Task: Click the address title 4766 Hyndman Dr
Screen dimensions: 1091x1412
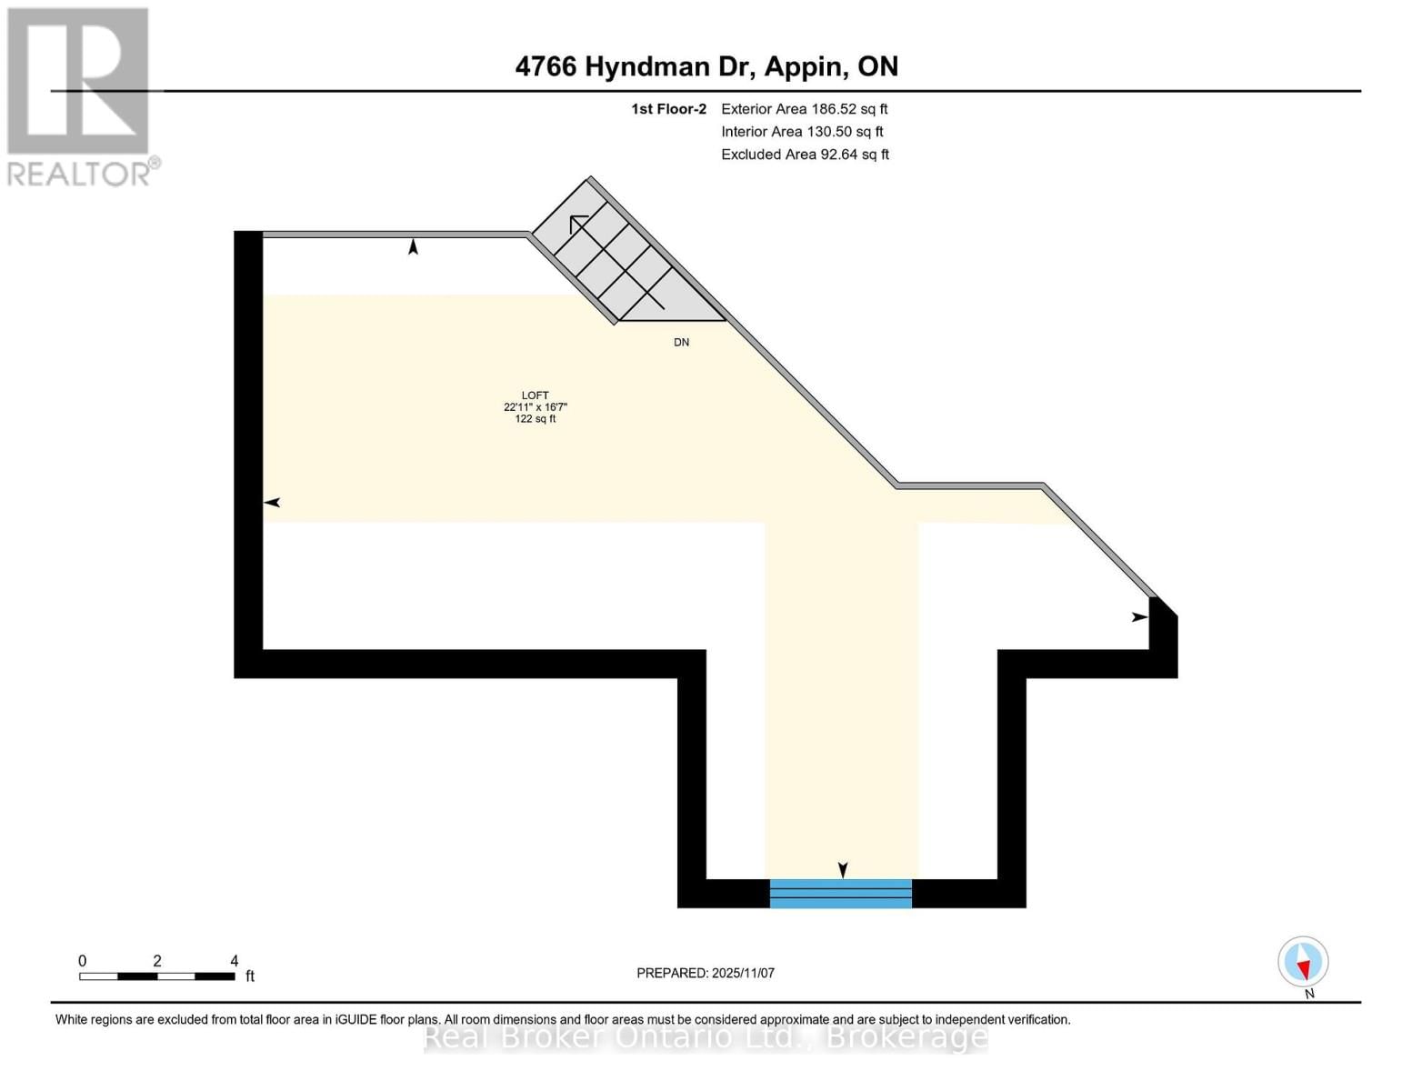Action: (706, 66)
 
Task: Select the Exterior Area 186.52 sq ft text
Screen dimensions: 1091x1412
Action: (804, 109)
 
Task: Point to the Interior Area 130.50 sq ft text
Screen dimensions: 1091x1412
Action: (802, 132)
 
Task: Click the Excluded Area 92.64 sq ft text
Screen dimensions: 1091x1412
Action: (805, 155)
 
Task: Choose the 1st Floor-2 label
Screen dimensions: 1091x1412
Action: (668, 109)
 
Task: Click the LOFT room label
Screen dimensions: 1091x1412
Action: (535, 395)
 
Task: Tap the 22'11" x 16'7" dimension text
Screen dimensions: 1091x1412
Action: (535, 407)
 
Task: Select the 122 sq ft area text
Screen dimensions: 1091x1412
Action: (535, 419)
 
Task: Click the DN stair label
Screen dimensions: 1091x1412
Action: (681, 343)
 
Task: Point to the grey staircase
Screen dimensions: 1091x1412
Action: (627, 255)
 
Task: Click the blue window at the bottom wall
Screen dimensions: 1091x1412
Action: (840, 894)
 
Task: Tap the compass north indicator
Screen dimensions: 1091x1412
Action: (1303, 962)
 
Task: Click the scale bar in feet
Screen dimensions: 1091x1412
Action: (156, 976)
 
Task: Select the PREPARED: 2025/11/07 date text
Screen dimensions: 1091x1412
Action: (706, 973)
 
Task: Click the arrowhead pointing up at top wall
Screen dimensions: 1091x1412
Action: (413, 246)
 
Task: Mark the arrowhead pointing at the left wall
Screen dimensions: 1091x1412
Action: (272, 503)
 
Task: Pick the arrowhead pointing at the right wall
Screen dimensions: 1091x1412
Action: (1139, 617)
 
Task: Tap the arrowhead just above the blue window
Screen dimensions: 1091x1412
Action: (843, 870)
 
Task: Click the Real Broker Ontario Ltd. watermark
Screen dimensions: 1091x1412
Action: (706, 1036)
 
